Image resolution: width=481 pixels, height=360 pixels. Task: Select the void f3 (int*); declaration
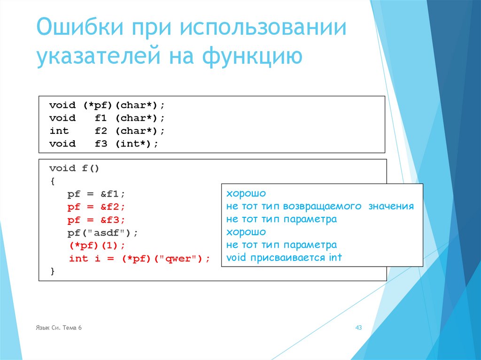(104, 144)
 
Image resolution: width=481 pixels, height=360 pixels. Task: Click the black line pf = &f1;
(96, 194)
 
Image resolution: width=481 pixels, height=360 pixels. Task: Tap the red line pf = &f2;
(96, 207)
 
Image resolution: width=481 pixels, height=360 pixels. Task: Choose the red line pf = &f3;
(96, 220)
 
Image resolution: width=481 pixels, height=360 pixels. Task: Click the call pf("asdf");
(103, 233)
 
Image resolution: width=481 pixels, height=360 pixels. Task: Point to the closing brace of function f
(53, 271)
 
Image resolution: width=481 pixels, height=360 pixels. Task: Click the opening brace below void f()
(53, 181)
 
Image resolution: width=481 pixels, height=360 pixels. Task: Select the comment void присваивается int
(284, 258)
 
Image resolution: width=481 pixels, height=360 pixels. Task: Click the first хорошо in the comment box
(246, 194)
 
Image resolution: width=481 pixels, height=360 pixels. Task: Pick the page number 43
(358, 328)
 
